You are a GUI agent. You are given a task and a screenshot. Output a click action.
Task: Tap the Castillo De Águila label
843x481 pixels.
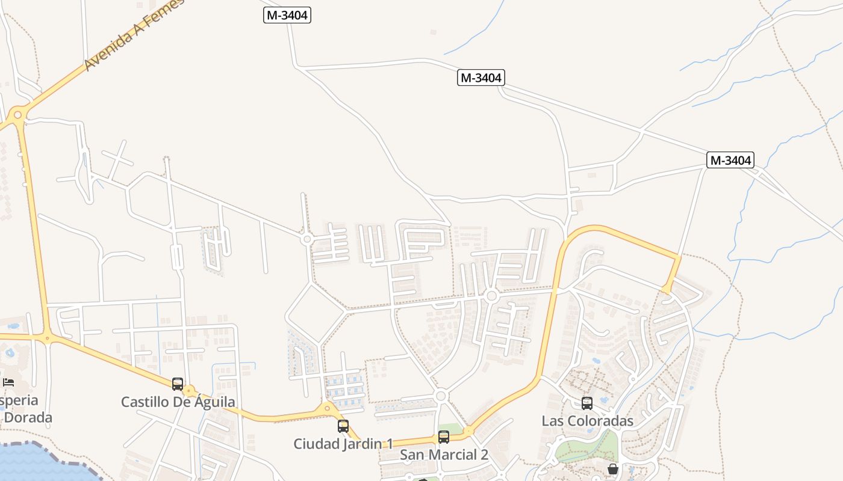tap(178, 402)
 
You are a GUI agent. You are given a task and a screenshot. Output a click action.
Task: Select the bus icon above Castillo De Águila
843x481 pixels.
tap(178, 384)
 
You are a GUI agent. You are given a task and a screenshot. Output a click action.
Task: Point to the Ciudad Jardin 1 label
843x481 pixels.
tap(343, 444)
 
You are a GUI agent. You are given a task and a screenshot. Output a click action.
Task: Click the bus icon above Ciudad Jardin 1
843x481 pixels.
tap(343, 426)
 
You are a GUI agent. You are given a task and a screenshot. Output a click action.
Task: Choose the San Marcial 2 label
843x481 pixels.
tap(444, 455)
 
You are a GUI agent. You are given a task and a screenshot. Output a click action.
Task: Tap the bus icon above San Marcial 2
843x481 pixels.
tap(444, 437)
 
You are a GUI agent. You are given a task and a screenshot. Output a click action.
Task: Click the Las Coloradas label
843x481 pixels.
tap(587, 420)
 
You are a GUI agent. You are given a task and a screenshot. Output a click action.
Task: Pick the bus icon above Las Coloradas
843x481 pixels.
tap(587, 403)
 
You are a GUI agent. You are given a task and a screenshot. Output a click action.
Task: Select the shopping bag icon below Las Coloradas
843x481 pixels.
tap(613, 468)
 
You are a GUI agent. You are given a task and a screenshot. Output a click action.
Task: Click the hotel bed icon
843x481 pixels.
tap(8, 382)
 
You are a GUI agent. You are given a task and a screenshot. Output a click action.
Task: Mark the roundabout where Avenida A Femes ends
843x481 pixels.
tap(17, 114)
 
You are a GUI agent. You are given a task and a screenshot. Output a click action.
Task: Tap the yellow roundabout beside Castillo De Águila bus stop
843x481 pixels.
tap(190, 391)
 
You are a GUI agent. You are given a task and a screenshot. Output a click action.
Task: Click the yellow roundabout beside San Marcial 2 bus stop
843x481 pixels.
tap(468, 430)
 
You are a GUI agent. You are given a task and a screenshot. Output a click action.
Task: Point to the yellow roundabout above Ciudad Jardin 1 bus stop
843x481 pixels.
tap(328, 408)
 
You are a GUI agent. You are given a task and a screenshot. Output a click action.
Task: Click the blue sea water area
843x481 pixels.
tap(36, 464)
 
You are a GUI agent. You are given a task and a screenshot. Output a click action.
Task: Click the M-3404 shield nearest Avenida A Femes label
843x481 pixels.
tap(287, 15)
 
